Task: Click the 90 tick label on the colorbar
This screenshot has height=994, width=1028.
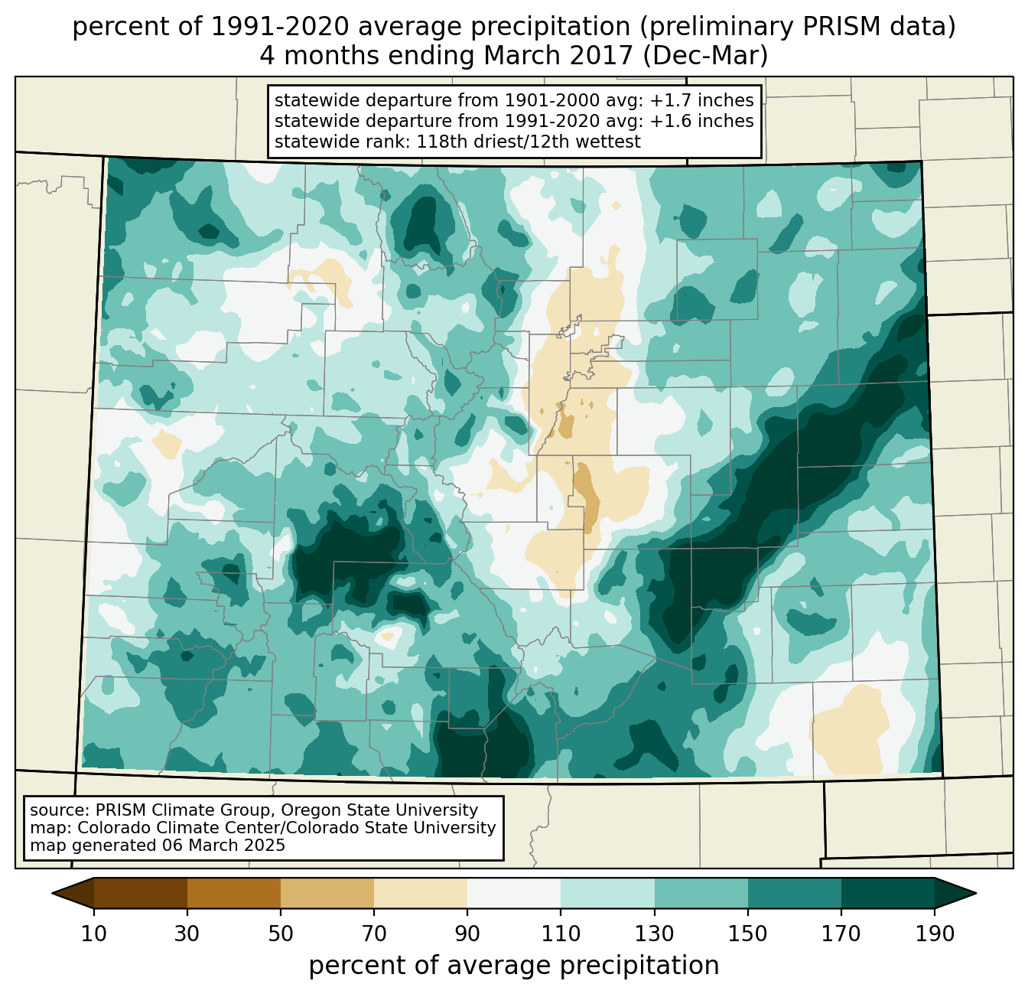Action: click(x=467, y=934)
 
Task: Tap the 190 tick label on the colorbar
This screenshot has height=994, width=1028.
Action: click(x=935, y=934)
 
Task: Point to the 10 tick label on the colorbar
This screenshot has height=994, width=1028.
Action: click(x=94, y=934)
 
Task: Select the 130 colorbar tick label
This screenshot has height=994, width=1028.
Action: click(x=655, y=934)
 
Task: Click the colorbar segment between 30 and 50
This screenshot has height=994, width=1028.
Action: click(x=234, y=893)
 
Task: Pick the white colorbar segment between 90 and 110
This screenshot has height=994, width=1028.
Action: click(x=514, y=893)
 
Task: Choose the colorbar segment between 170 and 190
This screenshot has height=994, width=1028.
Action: click(x=887, y=893)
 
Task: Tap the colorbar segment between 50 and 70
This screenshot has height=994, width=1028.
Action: click(x=327, y=893)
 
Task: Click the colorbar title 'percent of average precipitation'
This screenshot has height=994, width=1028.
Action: click(x=514, y=966)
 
